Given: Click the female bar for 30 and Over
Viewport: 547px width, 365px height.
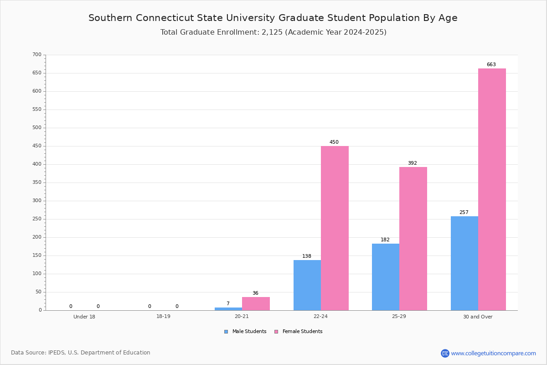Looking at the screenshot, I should coord(492,189).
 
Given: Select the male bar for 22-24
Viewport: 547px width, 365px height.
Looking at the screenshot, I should coord(307,285).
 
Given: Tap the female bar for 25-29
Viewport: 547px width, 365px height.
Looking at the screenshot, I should coord(413,239).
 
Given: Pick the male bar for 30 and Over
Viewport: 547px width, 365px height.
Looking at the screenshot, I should coord(464,263).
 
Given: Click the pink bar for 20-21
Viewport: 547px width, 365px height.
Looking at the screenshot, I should coord(256,304).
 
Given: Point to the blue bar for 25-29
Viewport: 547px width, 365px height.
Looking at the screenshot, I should coord(386,277).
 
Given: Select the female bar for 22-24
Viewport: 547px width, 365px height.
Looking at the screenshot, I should coord(335,228).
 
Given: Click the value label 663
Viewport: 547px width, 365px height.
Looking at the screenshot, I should coord(491,65).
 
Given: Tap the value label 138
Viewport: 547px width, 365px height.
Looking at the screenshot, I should coord(307,256).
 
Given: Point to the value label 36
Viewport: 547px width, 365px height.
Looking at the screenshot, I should coord(255,293).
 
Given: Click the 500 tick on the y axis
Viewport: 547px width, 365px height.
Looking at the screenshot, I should coord(36,128).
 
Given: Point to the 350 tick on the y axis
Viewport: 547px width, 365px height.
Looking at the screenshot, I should coord(36,182).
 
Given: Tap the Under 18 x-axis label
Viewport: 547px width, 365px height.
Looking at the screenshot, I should coord(84,317).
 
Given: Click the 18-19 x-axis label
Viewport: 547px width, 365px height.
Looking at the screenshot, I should coord(163,317).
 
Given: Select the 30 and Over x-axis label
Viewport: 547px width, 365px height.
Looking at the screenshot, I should coord(478,317).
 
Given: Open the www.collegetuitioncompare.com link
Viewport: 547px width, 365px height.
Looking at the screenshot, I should coord(493,353).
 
